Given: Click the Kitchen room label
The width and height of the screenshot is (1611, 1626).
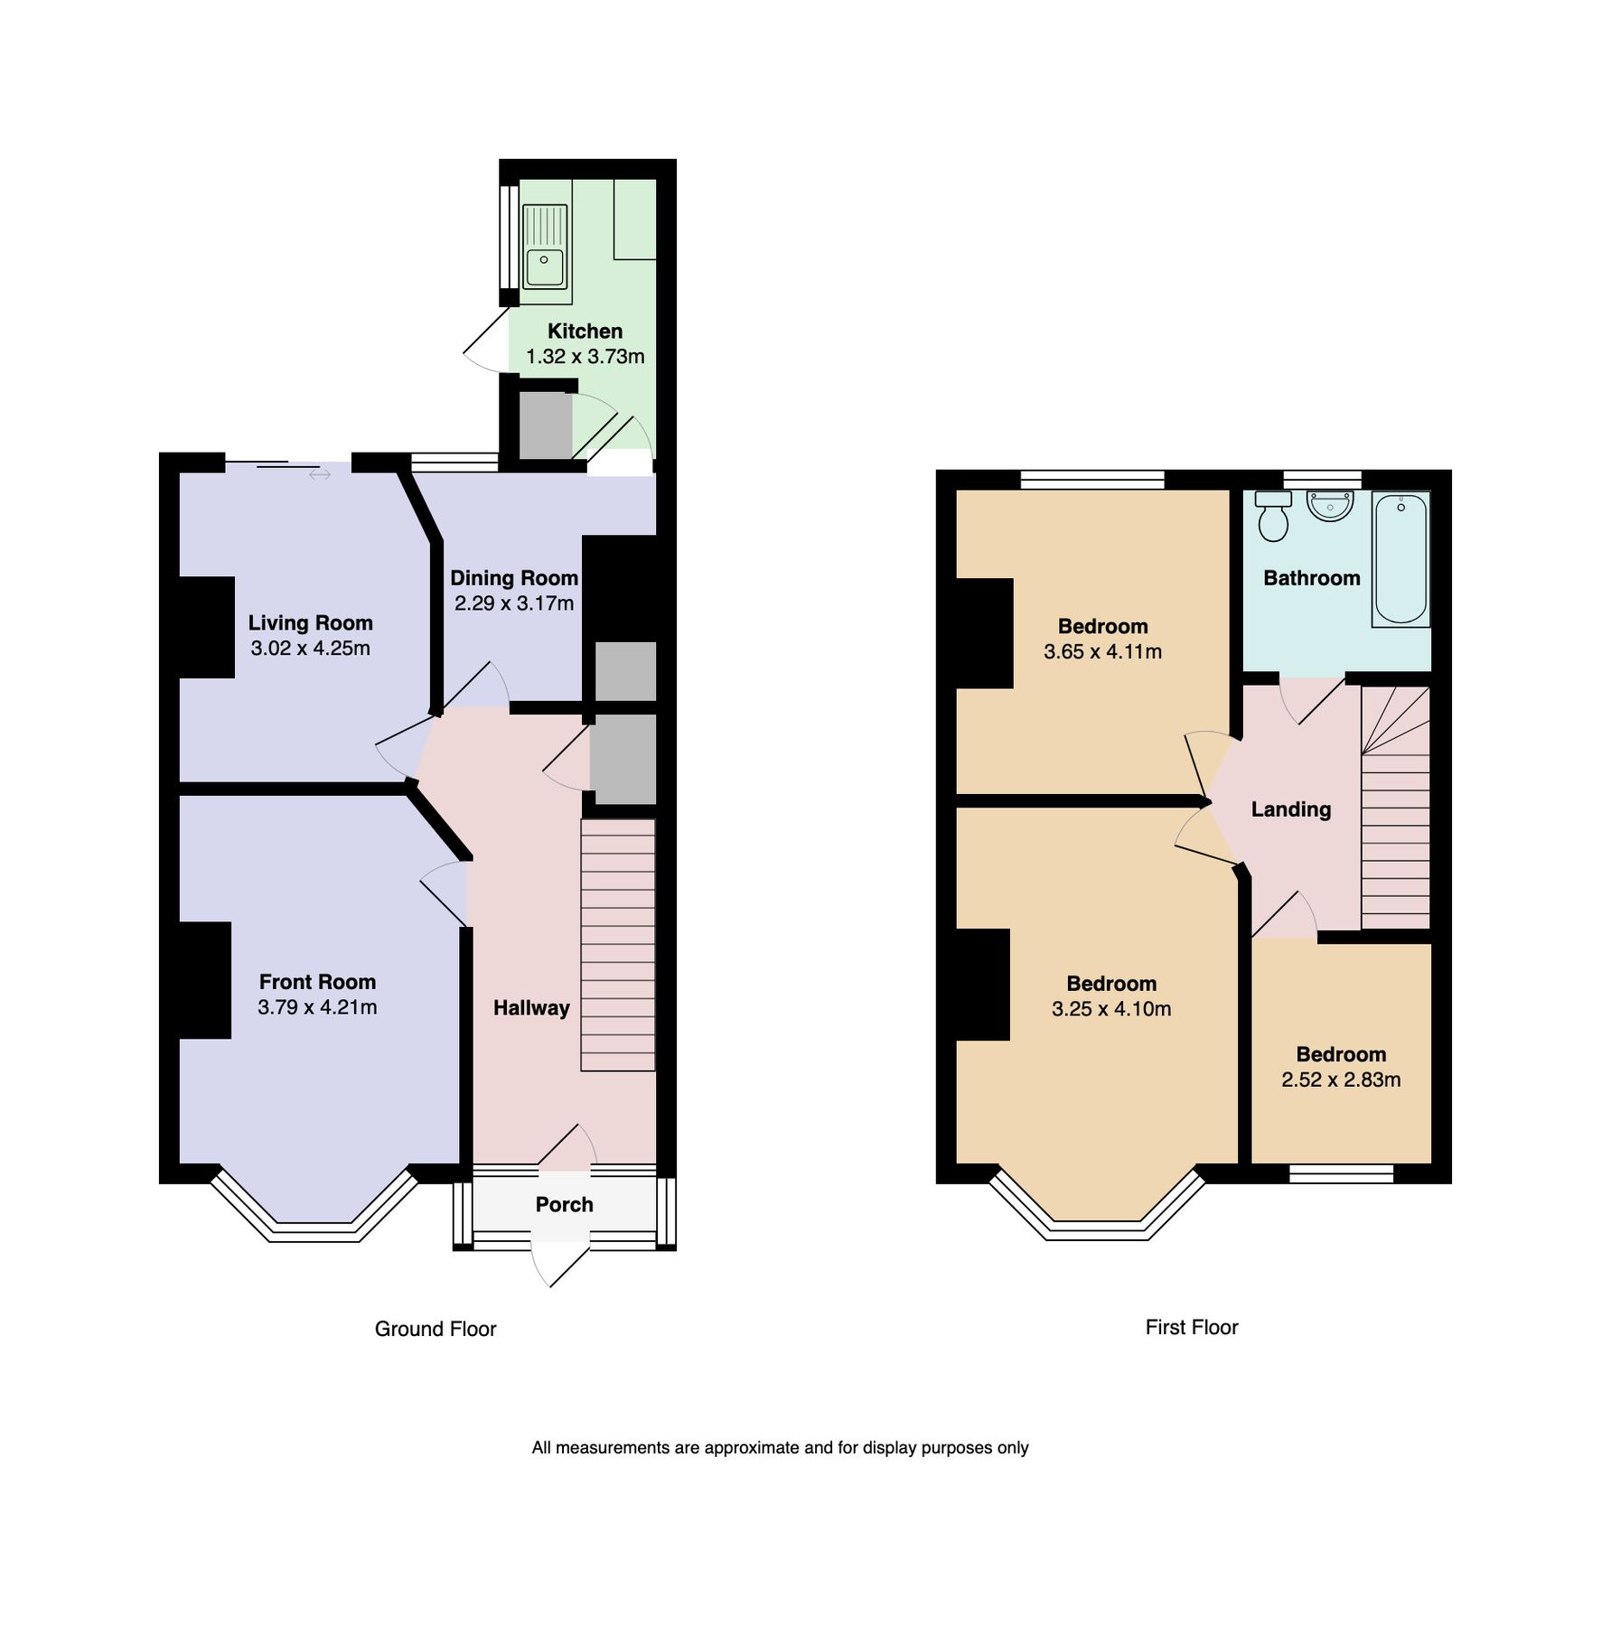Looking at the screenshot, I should pos(585,332).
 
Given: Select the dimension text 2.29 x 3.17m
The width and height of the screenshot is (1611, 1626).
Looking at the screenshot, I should pos(514,603).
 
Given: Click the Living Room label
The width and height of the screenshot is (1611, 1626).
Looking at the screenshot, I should pos(310,623).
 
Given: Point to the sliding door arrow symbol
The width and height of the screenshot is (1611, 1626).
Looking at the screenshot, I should pos(320,474).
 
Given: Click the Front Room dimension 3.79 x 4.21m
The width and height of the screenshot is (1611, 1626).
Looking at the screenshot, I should pos(317,1007).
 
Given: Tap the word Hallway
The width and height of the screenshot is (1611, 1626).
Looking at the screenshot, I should pos(531,1008).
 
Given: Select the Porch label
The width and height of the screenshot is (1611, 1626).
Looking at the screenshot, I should pos(564,1204).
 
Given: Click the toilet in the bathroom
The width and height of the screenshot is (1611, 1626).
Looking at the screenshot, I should pos(1273,518).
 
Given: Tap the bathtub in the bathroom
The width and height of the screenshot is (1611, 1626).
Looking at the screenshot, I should pos(1400,558).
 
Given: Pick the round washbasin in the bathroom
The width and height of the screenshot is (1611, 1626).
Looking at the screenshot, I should pos(1330,506).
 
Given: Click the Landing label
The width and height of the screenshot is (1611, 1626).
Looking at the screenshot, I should pos(1290,809).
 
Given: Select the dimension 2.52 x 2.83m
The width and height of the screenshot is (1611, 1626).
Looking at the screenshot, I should pos(1341,1079).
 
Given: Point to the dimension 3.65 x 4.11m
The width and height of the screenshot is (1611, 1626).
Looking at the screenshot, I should pos(1102,651).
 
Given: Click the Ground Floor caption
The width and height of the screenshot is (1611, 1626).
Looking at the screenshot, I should pos(436,1329).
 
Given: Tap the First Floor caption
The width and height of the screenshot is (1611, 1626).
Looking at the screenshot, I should pos(1191,1327).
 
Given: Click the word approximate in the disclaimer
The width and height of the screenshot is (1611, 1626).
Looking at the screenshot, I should pos(752,1448).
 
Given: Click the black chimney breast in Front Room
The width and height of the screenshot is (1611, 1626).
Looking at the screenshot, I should pos(204,980).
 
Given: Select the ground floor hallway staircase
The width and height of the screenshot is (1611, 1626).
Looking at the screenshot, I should pos(617,944).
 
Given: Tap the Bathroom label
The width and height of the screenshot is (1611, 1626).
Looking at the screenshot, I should pos(1311,578).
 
